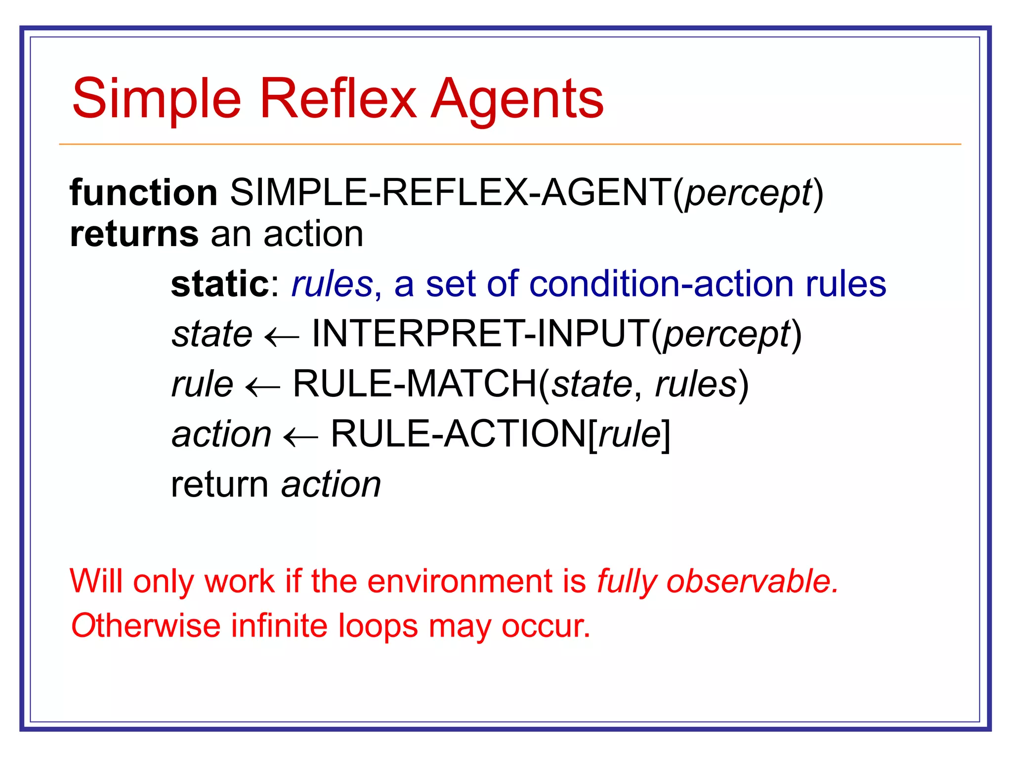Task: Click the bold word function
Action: (143, 193)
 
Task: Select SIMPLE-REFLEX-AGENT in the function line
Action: (450, 193)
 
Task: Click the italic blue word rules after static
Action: (332, 285)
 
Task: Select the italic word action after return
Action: (331, 485)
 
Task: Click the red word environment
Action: (460, 581)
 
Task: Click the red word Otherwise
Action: (145, 626)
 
